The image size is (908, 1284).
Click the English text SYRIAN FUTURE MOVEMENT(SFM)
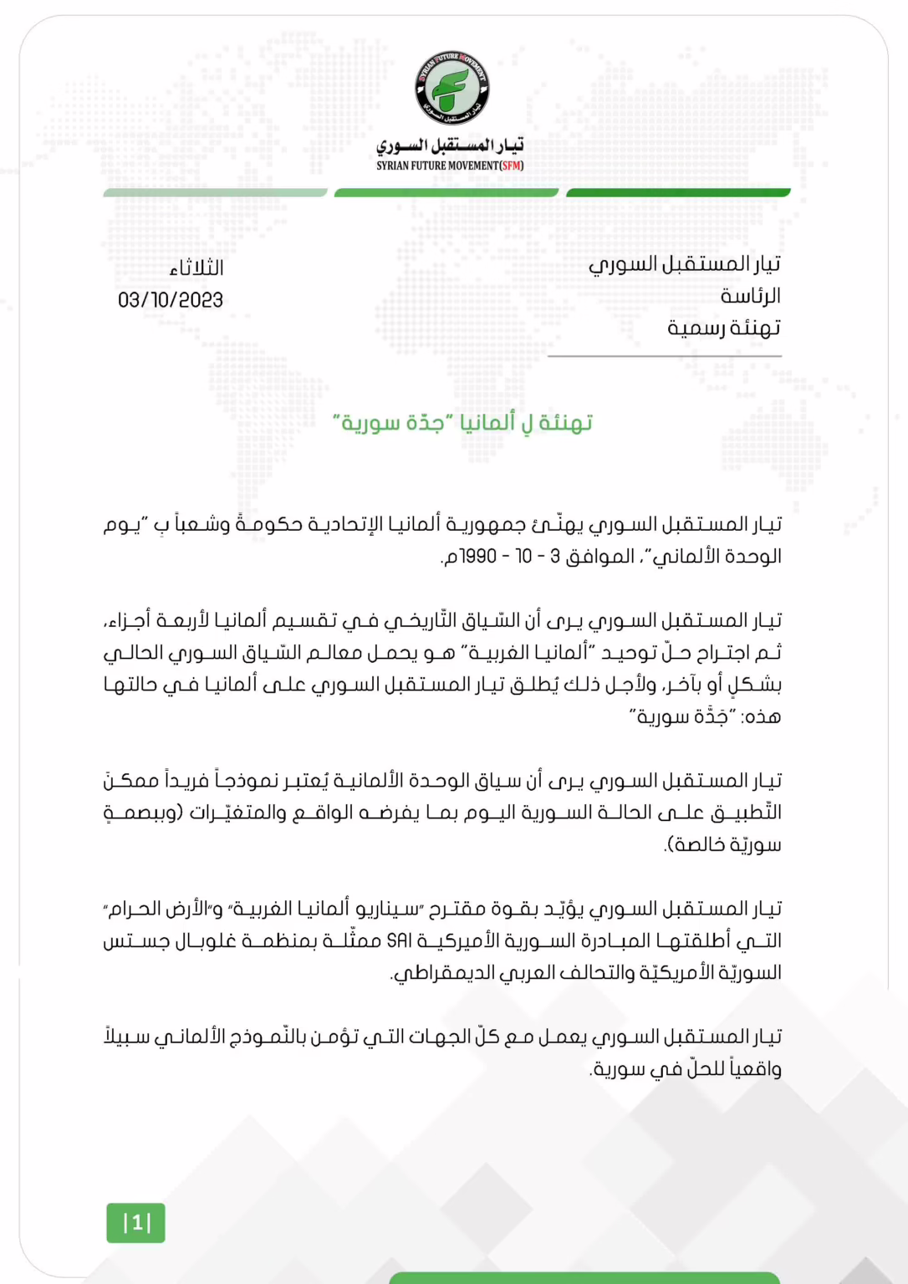tap(450, 166)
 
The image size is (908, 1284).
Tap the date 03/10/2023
tap(171, 300)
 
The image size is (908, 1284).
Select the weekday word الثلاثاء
tap(196, 268)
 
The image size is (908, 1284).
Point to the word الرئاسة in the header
tap(750, 296)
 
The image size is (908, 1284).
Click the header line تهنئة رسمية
tap(724, 328)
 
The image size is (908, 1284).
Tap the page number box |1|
tap(136, 1223)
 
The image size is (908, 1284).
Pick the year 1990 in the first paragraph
tap(478, 557)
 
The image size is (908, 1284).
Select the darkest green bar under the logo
tap(678, 193)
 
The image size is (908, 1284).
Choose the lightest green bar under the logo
tap(215, 193)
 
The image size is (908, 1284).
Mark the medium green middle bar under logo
tap(446, 193)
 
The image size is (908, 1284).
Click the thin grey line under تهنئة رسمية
tap(665, 356)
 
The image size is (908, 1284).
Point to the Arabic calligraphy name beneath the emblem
tap(450, 145)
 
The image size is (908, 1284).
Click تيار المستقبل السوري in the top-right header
tap(685, 264)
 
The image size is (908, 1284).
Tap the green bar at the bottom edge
tap(584, 1278)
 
